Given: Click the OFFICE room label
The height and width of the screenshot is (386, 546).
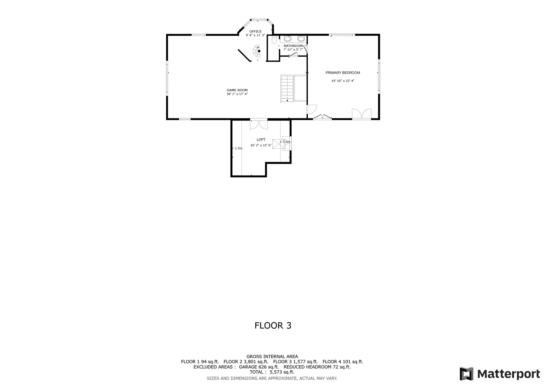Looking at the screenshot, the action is click(255, 32).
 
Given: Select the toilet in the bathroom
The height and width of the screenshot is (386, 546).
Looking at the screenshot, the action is click(274, 40).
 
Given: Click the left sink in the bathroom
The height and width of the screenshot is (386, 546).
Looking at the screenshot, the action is click(288, 39).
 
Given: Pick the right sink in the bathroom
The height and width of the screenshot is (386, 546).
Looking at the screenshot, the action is click(301, 39).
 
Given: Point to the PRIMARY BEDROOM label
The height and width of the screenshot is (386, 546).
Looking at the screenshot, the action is click(343, 73).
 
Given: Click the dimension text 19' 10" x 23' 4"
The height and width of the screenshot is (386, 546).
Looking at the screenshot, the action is click(343, 81).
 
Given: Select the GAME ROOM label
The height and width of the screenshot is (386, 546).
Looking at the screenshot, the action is click(237, 90).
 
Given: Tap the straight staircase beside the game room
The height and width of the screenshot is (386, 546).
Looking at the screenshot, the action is click(287, 88).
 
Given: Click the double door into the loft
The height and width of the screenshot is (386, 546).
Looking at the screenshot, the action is click(259, 125).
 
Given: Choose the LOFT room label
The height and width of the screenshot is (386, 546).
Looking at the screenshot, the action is click(261, 140).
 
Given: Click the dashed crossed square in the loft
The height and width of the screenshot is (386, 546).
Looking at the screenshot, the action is click(279, 144).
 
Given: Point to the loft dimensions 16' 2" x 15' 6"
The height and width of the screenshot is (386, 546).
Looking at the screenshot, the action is click(261, 145).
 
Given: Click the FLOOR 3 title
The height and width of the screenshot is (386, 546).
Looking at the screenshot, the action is click(273, 325).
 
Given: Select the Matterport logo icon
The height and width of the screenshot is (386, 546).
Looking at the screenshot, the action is click(466, 374).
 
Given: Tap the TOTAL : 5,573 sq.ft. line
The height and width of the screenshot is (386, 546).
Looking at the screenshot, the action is click(272, 372).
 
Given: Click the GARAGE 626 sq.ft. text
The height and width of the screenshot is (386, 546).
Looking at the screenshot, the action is click(259, 367).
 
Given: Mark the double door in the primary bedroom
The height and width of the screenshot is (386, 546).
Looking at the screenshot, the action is click(361, 114).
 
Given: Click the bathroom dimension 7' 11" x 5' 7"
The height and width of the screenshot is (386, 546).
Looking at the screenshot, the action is click(293, 49).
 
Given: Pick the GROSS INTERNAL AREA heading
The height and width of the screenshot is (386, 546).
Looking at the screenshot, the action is click(272, 357).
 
